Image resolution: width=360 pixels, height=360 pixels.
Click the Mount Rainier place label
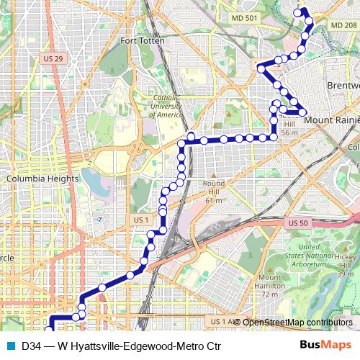331,120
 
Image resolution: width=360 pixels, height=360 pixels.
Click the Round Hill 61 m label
214,191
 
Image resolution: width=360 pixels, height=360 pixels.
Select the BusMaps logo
330,345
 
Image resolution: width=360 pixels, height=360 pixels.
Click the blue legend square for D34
10,345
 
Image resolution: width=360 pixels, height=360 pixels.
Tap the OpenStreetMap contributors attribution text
298,322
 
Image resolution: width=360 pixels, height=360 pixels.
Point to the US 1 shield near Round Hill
141,219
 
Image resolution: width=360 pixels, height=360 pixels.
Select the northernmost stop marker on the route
303,12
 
